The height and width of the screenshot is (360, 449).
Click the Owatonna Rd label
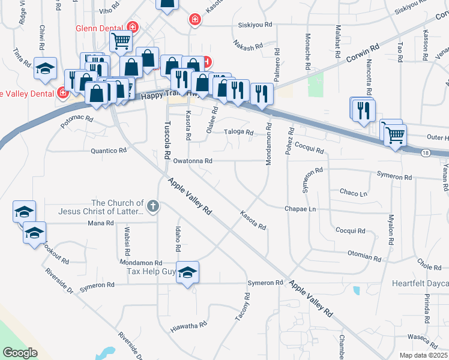click(x=193, y=161)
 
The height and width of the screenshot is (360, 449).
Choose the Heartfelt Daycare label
click(x=420, y=283)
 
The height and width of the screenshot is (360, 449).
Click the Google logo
click(x=20, y=353)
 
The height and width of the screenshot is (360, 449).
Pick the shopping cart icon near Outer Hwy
click(x=395, y=136)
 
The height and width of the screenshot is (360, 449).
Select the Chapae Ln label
click(x=300, y=209)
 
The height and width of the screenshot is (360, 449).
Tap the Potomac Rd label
click(x=77, y=119)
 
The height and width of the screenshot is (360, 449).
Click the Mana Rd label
click(x=100, y=223)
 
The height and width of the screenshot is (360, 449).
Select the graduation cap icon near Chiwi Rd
click(x=45, y=70)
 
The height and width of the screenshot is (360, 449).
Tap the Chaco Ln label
click(x=353, y=193)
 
